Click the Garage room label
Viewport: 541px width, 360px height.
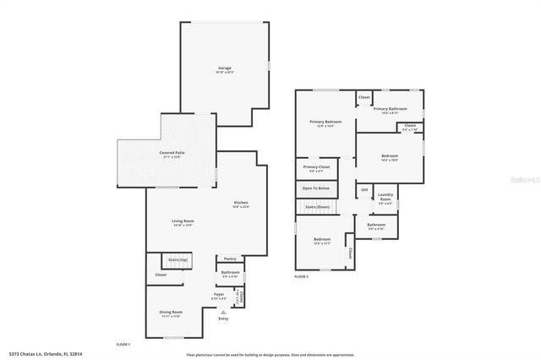tap(224, 68)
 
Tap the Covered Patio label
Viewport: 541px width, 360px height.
tap(172, 152)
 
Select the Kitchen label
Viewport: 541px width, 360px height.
tap(241, 203)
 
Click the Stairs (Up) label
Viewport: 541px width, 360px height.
tap(178, 259)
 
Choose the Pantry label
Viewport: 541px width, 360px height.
tap(230, 259)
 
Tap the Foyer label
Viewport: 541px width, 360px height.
tap(218, 295)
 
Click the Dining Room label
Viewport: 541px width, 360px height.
tap(171, 312)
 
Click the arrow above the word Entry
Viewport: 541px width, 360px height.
tap(223, 311)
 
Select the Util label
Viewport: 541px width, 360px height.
tap(364, 190)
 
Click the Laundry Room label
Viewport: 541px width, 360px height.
tap(385, 200)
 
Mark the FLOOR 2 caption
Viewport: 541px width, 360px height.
tap(302, 276)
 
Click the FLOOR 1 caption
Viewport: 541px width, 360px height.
tap(123, 344)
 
